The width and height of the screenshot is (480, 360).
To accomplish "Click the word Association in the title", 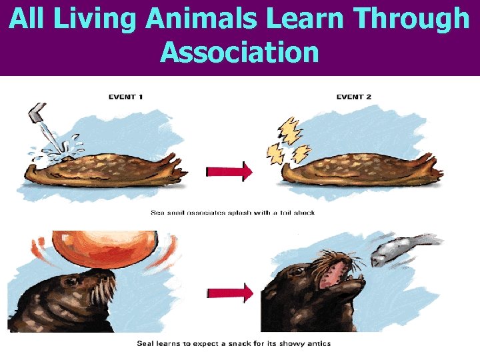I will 240,51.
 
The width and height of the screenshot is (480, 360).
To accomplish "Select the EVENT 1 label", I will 126,97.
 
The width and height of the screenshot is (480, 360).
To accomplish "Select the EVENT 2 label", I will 354,97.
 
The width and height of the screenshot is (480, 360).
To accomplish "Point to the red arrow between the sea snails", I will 229,172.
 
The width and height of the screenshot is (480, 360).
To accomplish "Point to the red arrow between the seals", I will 229,292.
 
